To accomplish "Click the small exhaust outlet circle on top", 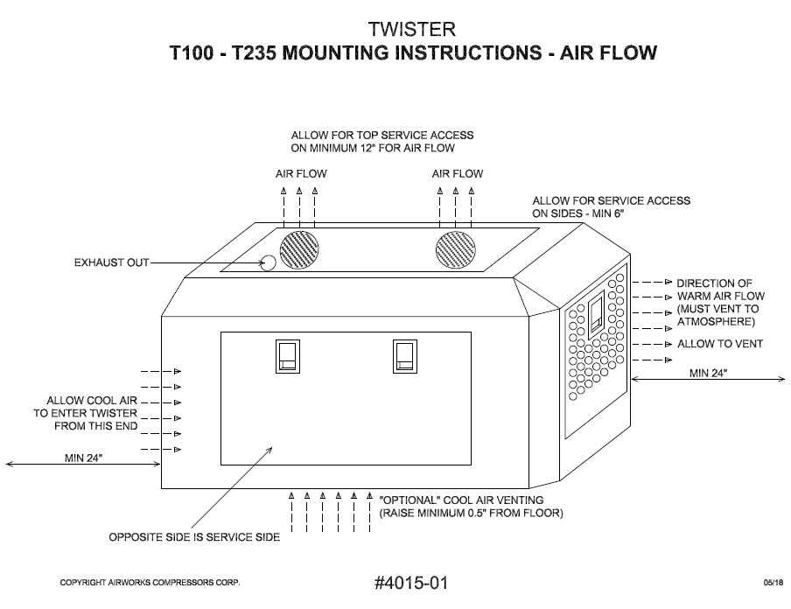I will [269, 262].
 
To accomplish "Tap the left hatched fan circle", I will [299, 250].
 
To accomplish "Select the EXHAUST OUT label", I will [111, 262].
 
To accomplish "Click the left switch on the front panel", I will [288, 356].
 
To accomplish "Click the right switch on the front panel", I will [403, 356].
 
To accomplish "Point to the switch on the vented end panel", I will [596, 315].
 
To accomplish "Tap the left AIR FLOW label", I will [300, 173].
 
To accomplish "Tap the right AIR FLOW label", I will [457, 173].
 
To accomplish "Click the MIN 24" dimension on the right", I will [710, 373].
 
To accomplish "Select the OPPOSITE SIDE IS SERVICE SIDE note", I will [194, 537].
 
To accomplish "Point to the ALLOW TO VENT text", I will [720, 344].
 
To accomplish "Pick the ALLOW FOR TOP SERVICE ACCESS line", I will [382, 136].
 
